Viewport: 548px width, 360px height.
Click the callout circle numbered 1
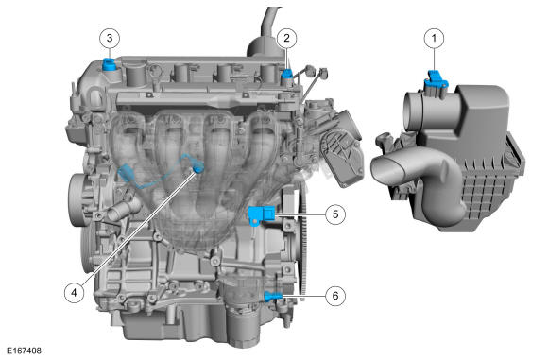pos(435,38)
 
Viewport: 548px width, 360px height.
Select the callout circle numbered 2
pos(287,38)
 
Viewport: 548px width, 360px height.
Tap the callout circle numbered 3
pos(110,38)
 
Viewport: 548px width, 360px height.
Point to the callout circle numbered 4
pos(74,292)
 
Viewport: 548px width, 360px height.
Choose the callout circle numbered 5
pos(335,214)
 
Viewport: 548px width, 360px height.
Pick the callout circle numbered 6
pos(335,296)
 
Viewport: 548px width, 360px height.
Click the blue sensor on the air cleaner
pos(436,79)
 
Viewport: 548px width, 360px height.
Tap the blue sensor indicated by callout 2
pos(287,74)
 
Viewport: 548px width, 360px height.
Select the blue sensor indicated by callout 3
pos(109,64)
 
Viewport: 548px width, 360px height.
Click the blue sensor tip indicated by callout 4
pos(199,169)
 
